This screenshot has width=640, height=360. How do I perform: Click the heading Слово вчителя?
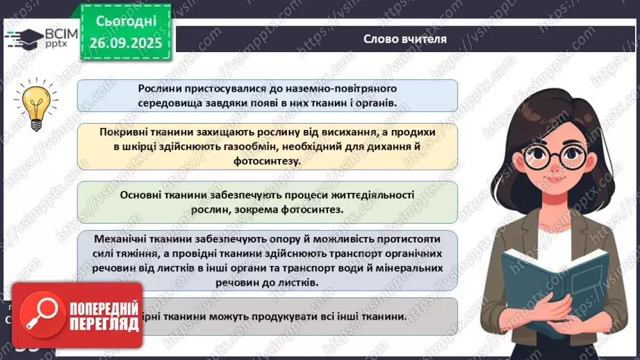pos(405,38)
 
